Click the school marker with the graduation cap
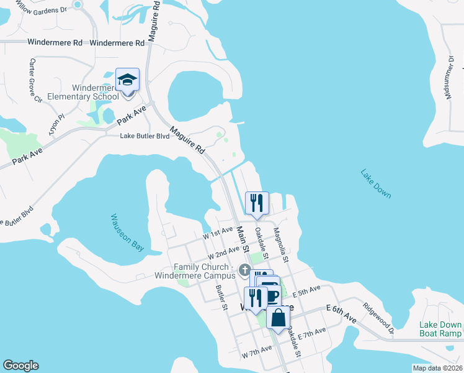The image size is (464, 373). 127,80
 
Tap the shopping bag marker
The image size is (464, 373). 279,318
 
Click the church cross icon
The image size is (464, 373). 245,270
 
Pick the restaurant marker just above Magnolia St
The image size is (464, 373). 257,202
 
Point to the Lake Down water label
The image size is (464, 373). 376,183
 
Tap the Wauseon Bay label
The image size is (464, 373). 127,233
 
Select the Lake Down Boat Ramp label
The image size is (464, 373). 440,329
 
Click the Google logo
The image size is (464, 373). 20,366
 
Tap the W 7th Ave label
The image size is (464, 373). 257,352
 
